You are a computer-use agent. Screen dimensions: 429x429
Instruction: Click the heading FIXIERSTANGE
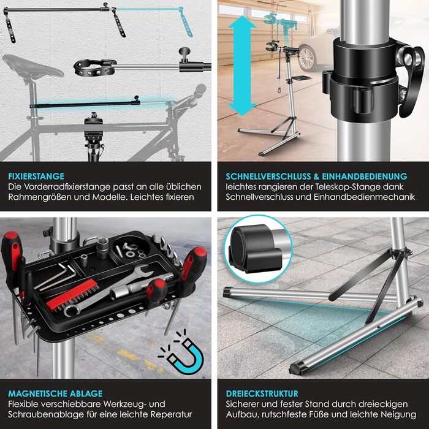36,176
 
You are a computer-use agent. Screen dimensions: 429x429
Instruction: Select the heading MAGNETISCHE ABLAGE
55,393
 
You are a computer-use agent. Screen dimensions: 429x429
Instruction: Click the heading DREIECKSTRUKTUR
262,393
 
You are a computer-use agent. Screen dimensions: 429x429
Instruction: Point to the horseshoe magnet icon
182,353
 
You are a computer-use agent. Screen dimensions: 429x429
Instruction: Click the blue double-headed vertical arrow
242,66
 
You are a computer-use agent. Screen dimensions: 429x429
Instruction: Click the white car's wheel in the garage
306,58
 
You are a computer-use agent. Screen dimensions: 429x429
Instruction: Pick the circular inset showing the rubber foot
258,249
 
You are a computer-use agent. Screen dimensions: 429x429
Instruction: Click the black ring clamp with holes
94,67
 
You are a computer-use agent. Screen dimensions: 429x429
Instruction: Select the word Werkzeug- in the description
127,404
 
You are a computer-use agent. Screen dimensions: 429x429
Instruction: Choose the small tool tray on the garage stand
300,78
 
